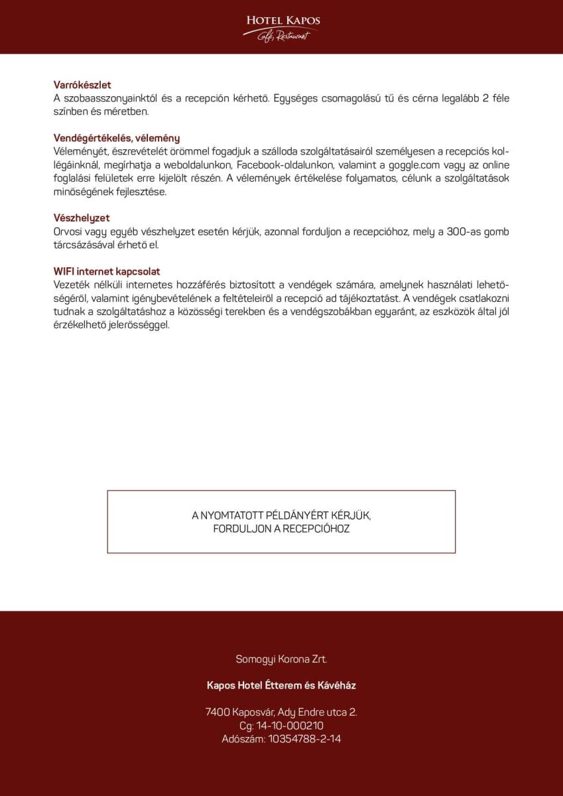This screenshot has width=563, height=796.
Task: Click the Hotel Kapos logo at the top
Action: click(x=282, y=27)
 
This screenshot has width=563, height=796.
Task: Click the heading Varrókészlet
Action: click(x=82, y=85)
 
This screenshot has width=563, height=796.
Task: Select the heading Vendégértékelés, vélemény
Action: click(x=117, y=138)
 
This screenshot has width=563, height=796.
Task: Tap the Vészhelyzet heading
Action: click(x=82, y=218)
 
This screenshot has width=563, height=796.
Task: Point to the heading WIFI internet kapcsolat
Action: click(x=107, y=271)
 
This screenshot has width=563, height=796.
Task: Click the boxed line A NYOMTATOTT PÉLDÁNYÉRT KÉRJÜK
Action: click(x=281, y=515)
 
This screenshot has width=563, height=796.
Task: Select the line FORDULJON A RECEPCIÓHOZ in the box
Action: click(x=281, y=529)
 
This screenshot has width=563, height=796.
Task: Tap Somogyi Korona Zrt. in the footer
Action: click(x=281, y=659)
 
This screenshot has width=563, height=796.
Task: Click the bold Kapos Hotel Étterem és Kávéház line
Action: click(x=281, y=685)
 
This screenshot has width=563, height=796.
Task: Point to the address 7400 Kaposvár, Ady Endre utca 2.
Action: click(x=281, y=712)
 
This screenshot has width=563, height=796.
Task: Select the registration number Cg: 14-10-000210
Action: click(x=281, y=725)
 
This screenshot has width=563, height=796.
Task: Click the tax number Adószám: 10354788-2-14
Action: click(x=281, y=738)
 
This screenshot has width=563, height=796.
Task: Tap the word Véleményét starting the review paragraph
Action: click(x=77, y=151)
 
